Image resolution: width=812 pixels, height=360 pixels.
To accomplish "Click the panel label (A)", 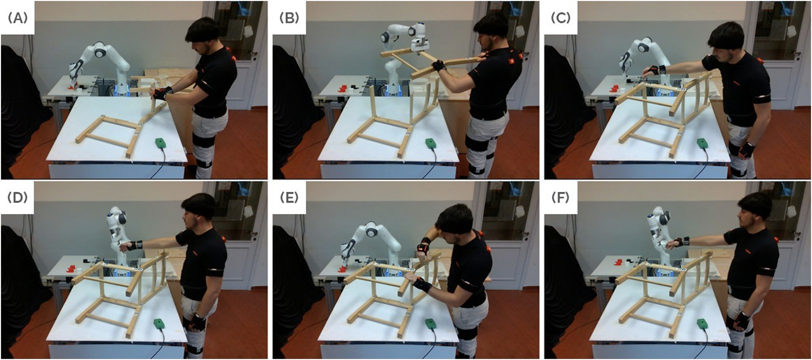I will [17, 18].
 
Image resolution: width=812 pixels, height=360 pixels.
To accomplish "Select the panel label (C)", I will [561, 18].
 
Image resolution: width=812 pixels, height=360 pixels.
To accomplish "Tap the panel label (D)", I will [17, 197].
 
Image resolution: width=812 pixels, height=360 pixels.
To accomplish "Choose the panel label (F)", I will [561, 197].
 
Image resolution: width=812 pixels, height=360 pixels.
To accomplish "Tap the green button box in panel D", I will [159, 324].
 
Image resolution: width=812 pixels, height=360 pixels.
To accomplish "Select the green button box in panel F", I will [702, 324].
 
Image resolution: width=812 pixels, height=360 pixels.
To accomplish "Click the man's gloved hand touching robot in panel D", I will [132, 245].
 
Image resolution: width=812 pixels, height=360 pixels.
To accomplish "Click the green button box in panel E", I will [431, 324].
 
